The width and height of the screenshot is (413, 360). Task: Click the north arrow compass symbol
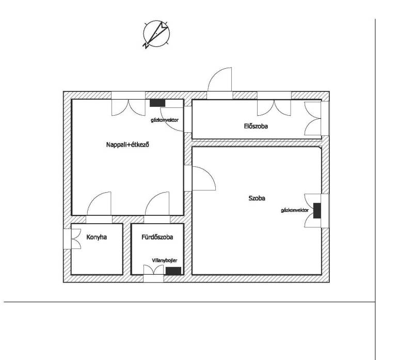pyautogui.click(x=156, y=34)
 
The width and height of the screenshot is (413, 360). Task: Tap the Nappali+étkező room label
pyautogui.click(x=128, y=145)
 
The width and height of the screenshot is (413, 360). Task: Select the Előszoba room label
pyautogui.click(x=256, y=126)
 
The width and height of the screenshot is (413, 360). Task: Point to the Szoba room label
pyautogui.click(x=257, y=198)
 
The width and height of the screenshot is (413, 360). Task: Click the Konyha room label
pyautogui.click(x=97, y=237)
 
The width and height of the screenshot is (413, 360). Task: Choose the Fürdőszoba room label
pyautogui.click(x=157, y=237)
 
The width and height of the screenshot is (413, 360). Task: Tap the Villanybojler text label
pyautogui.click(x=165, y=260)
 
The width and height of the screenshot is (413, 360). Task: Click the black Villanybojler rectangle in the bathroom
pyautogui.click(x=173, y=271)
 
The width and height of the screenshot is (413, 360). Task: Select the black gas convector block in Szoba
pyautogui.click(x=317, y=211)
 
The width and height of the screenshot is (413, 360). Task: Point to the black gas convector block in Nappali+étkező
pyautogui.click(x=157, y=103)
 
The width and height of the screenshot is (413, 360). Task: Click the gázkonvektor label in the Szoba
pyautogui.click(x=295, y=210)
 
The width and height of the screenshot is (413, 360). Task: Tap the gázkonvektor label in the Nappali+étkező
pyautogui.click(x=165, y=120)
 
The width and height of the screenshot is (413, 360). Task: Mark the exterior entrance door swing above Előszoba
pyautogui.click(x=220, y=79)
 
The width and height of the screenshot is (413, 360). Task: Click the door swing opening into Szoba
pyautogui.click(x=203, y=178)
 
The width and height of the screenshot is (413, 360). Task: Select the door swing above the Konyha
pyautogui.click(x=99, y=203)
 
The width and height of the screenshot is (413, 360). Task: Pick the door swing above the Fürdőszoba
pyautogui.click(x=157, y=203)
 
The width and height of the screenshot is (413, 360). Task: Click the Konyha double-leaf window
pyautogui.click(x=72, y=239)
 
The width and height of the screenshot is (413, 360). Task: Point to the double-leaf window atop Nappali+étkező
pyautogui.click(x=128, y=104)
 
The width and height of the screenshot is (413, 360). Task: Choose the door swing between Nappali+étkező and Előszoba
pyautogui.click(x=172, y=119)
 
